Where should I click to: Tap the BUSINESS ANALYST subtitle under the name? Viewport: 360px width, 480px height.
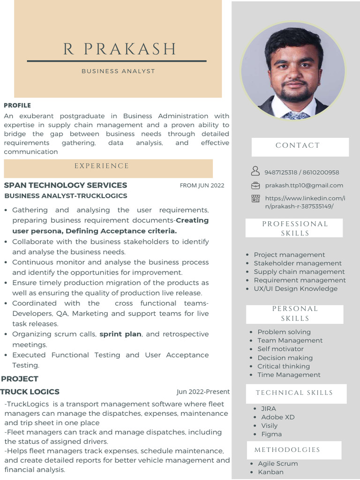(118, 71)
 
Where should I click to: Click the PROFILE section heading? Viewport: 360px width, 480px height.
(17, 105)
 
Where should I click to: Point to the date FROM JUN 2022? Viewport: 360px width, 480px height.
(202, 186)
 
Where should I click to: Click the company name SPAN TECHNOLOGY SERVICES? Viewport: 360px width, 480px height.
(66, 185)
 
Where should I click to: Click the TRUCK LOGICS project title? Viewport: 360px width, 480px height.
(30, 392)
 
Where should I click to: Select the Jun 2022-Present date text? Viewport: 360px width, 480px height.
(203, 392)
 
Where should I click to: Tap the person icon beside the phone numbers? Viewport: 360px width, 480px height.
(255, 171)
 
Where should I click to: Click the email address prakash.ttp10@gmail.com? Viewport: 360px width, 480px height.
(304, 186)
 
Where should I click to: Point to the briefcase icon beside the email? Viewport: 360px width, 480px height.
(255, 185)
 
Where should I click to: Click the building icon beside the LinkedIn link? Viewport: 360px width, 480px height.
(255, 198)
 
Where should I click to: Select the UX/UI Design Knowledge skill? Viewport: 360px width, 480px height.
(295, 289)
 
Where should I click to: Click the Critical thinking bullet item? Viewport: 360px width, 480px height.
(283, 366)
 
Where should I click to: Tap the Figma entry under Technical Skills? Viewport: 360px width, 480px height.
(271, 434)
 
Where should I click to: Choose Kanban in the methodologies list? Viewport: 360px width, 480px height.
(270, 472)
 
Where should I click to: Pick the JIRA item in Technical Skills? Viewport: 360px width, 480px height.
(269, 409)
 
